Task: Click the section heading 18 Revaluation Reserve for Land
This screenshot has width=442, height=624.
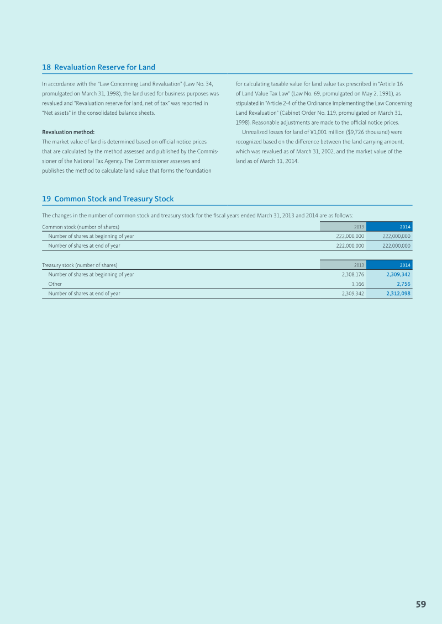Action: [99, 67]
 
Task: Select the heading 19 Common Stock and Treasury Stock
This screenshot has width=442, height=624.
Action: [108, 199]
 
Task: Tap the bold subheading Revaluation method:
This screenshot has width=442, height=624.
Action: [69, 132]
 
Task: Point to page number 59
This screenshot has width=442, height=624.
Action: [421, 604]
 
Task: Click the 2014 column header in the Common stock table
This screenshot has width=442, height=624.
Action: [405, 227]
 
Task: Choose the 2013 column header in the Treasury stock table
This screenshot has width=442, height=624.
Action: [359, 265]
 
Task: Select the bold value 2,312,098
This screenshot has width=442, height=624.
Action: [398, 294]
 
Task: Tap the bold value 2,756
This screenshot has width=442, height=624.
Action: [403, 284]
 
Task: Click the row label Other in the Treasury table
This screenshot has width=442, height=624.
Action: [55, 284]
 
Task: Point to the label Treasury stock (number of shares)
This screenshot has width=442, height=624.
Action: [80, 265]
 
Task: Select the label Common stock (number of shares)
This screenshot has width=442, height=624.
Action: [81, 227]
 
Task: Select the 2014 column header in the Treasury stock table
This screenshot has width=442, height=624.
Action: [405, 265]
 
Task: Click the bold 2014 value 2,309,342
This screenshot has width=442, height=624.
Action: [398, 274]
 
